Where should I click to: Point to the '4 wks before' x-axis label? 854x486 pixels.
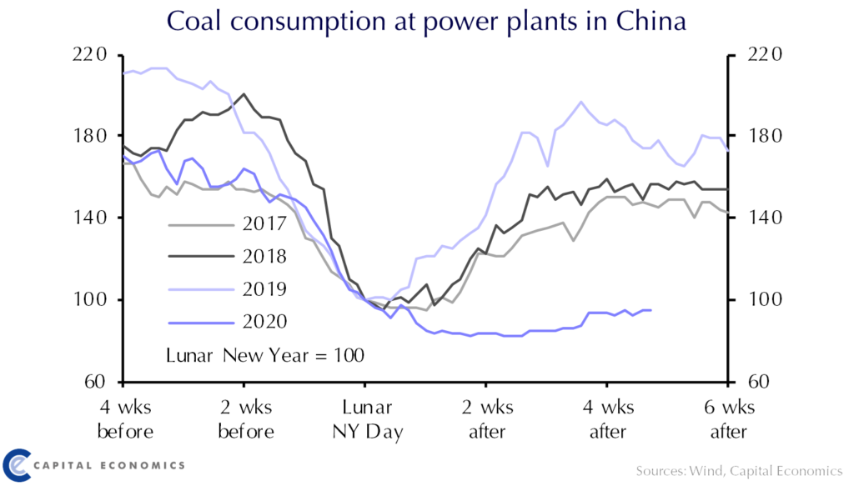[126, 420]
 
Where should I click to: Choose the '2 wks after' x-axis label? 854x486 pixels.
[487, 420]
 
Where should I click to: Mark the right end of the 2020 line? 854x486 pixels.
[651, 310]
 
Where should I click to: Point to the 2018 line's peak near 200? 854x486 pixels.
[244, 94]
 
